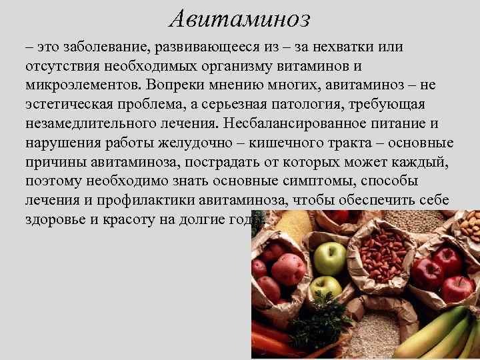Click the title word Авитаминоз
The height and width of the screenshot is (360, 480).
239,19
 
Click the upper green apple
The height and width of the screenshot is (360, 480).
329,257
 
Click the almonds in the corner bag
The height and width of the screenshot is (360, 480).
469,227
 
